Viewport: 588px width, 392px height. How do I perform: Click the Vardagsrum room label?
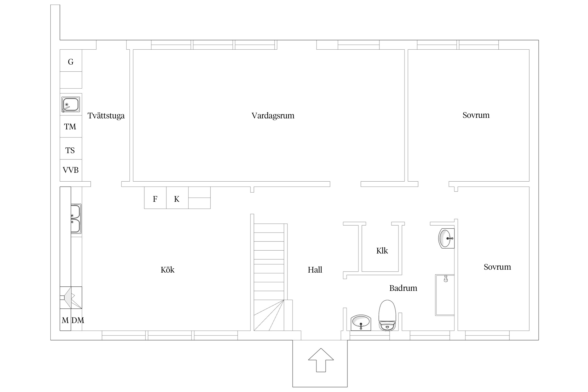(273, 116)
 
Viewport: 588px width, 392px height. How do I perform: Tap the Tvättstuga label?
(106, 116)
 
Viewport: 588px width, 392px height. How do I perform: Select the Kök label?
(168, 270)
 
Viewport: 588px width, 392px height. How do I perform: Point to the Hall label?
(315, 270)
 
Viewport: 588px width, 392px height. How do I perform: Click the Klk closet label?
(382, 251)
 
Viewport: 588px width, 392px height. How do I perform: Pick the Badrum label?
(403, 288)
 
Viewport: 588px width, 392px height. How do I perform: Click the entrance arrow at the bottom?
(321, 360)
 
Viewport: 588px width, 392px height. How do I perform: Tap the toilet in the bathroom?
(388, 315)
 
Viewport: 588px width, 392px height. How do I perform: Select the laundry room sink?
(71, 105)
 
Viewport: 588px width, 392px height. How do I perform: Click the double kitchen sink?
(76, 219)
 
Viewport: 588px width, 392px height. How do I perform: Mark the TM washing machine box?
(71, 126)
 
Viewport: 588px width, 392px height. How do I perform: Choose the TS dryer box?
(71, 148)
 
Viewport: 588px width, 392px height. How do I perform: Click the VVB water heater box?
(71, 170)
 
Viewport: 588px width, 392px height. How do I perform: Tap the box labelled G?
(71, 61)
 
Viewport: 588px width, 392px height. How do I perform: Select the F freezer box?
(155, 198)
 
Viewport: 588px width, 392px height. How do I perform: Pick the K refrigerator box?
(177, 198)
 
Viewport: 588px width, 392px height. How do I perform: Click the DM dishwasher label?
(78, 320)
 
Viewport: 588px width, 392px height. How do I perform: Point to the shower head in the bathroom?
(446, 279)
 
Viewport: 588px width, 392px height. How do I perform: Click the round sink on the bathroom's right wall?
(446, 238)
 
